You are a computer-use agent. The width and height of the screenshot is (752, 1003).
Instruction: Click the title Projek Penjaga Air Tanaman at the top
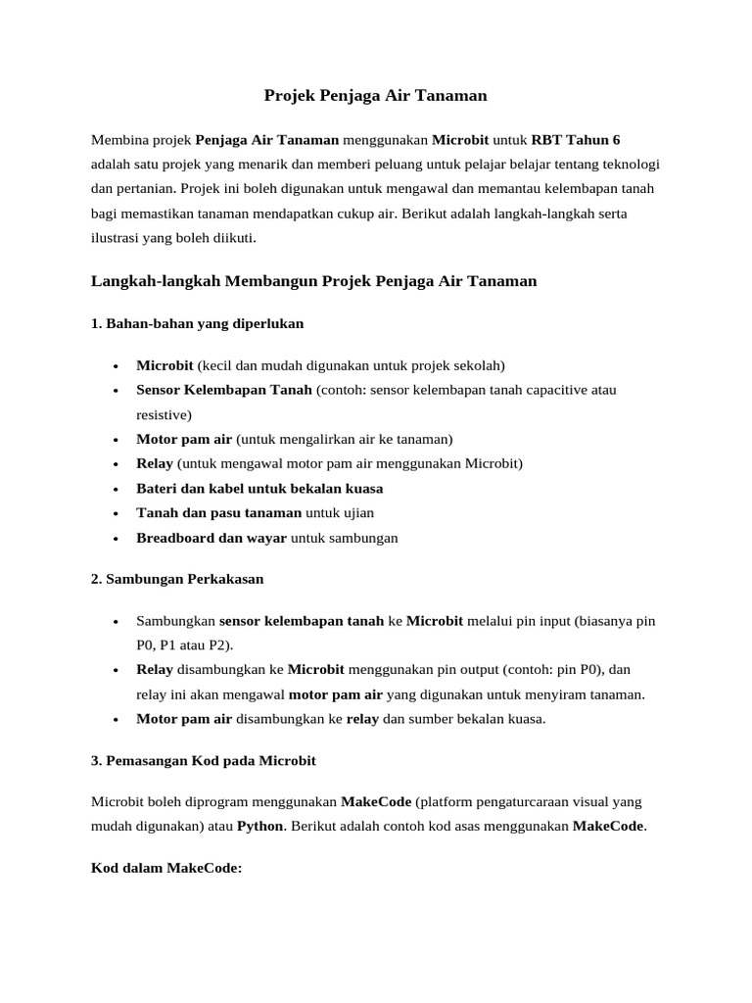[375, 95]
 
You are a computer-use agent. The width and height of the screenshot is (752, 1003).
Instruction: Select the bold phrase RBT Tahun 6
[575, 139]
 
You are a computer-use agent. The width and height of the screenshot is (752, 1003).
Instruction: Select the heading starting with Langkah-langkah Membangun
[314, 281]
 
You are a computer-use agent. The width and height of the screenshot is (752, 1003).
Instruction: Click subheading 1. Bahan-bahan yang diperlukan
[198, 322]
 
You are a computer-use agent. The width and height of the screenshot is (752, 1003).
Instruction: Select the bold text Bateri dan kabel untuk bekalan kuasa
[259, 488]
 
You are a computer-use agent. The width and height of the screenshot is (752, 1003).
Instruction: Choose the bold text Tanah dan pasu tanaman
[218, 512]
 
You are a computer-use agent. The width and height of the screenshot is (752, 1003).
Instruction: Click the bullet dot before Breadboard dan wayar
[116, 538]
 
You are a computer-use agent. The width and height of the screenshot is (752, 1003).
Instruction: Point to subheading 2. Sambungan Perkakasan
[177, 579]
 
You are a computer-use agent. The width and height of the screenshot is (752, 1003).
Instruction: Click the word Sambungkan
[175, 621]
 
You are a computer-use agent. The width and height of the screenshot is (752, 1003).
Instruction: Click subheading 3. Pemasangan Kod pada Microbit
[204, 760]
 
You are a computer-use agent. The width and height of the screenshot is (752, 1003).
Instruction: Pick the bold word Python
[259, 826]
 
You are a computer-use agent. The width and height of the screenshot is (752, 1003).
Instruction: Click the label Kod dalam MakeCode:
[165, 868]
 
